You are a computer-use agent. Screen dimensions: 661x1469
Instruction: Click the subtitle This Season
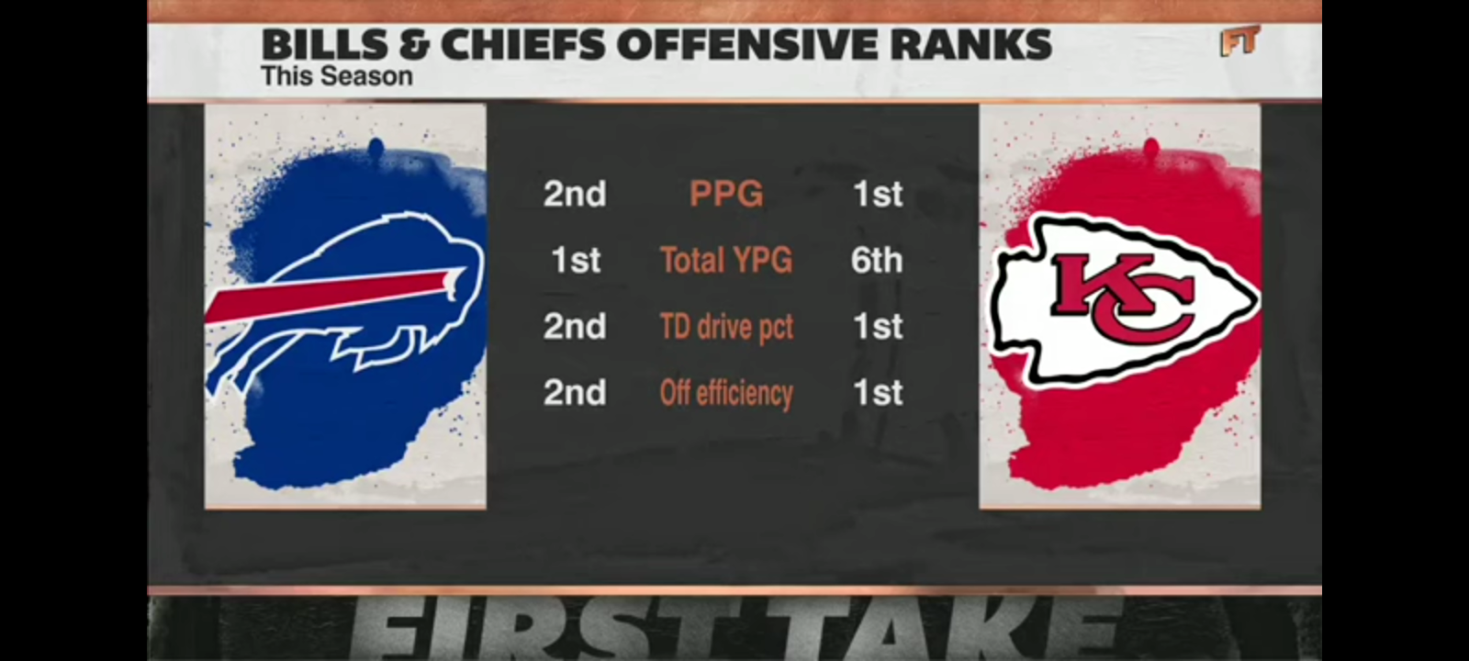336,76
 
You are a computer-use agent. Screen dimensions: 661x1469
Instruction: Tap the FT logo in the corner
1239,41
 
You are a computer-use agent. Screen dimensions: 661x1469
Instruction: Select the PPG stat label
726,194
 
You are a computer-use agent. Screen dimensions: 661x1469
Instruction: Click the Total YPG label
726,260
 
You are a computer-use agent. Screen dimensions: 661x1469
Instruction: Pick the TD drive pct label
726,326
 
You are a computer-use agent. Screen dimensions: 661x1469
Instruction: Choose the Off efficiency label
726,393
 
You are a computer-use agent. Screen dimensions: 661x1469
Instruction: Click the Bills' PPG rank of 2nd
575,194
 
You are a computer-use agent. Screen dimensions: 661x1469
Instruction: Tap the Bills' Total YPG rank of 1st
576,260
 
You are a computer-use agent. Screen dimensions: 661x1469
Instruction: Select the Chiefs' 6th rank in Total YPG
877,260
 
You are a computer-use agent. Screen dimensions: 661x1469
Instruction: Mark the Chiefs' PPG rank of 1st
878,194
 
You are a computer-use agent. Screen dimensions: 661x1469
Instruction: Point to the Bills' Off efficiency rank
575,393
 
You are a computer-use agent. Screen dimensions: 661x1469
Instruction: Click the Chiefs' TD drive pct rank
878,326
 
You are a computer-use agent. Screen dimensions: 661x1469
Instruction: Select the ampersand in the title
399,44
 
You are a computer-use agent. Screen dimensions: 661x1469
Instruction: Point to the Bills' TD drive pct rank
575,326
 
